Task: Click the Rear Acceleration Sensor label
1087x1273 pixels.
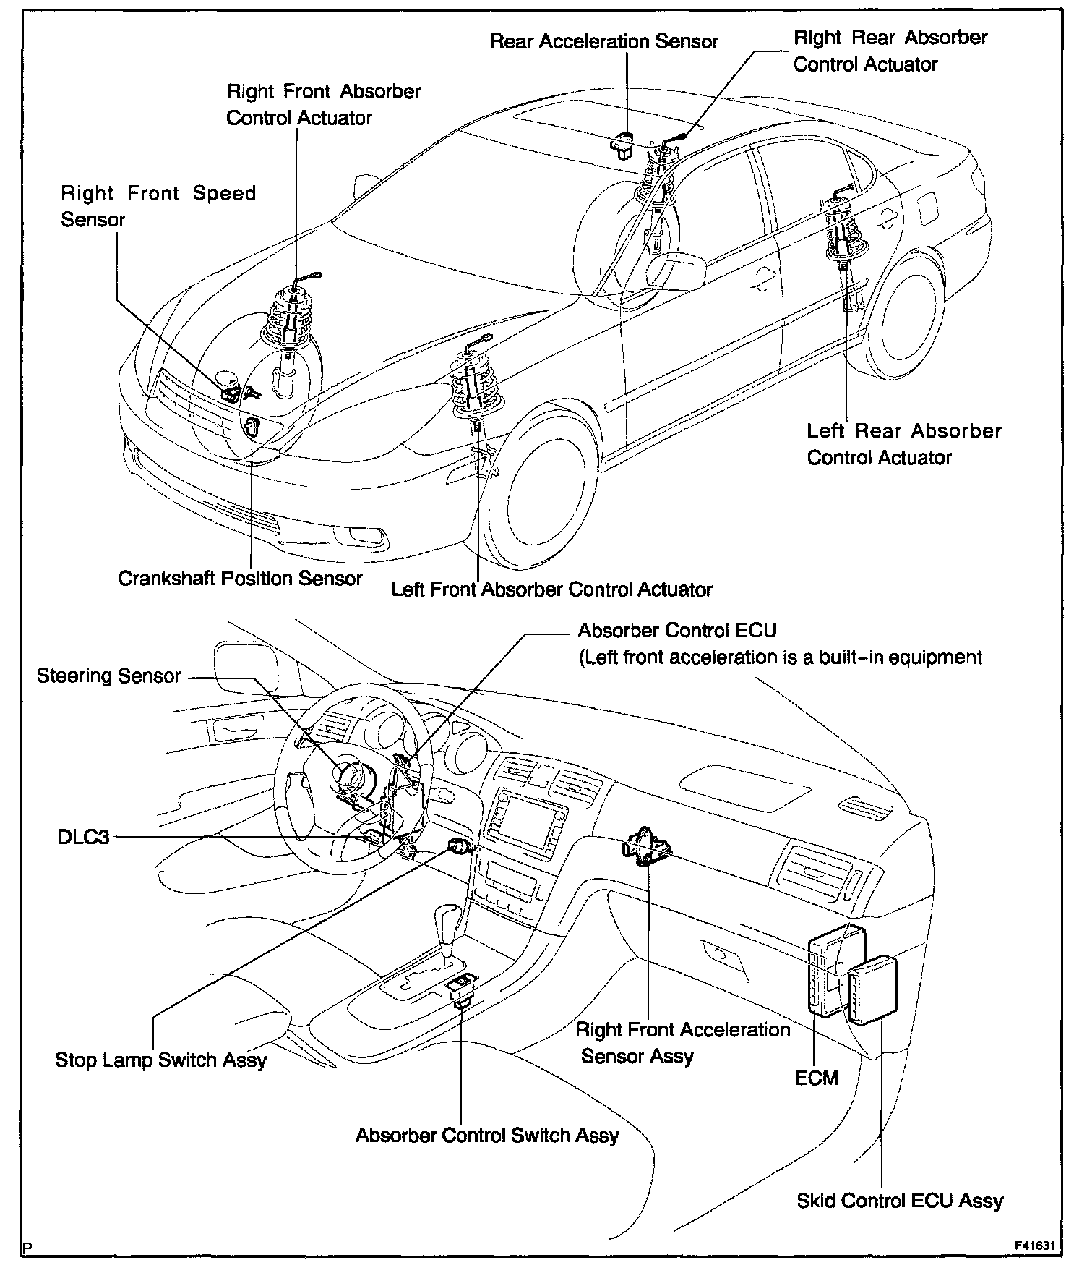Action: pyautogui.click(x=603, y=41)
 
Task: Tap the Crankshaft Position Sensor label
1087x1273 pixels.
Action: pyautogui.click(x=240, y=579)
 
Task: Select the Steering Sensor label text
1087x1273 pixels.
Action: pyautogui.click(x=108, y=676)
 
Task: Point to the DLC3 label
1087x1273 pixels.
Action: pyautogui.click(x=84, y=837)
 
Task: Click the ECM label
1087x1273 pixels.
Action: pyautogui.click(x=816, y=1078)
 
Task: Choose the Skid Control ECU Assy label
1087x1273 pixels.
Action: pyautogui.click(x=900, y=1201)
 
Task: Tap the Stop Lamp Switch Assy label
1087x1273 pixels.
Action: pyautogui.click(x=160, y=1060)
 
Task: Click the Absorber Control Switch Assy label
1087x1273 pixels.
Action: pyautogui.click(x=486, y=1136)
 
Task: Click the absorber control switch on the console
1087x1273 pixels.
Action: pyautogui.click(x=462, y=987)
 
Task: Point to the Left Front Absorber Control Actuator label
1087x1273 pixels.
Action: pyautogui.click(x=551, y=589)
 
